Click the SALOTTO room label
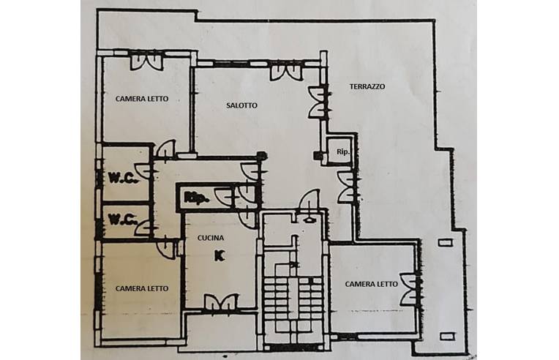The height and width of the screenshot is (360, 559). point(241,105)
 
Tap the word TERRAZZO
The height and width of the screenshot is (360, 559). point(367,86)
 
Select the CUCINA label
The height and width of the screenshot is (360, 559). point(211,238)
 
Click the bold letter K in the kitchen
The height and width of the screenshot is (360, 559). point(220,255)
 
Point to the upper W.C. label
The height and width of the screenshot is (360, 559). point(123,178)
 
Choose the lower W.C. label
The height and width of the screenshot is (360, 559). point(123,219)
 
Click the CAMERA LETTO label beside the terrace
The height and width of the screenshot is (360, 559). point(372,284)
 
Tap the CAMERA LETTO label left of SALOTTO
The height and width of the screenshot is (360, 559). point(142,99)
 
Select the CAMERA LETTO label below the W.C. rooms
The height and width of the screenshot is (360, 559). point(142,288)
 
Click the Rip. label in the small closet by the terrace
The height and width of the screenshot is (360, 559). point(343,151)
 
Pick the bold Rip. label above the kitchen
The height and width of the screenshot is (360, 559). point(196,198)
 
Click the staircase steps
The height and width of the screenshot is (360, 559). point(293,307)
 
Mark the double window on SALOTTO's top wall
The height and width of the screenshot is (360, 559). point(286,72)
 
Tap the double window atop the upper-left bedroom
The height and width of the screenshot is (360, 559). point(146,61)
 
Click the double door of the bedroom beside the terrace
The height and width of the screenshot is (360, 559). point(409,289)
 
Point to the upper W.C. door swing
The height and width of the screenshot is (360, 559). point(143,170)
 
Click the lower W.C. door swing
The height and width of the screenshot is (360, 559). point(143,228)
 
